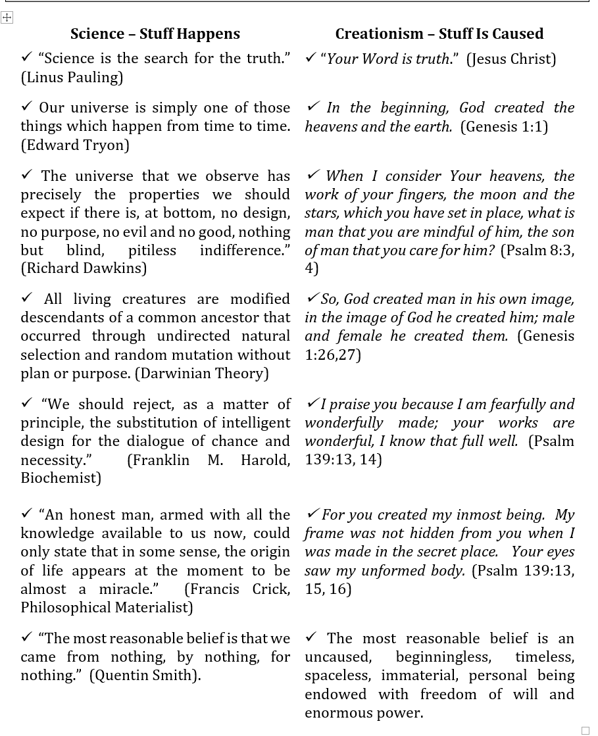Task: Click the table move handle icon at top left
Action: click(7, 18)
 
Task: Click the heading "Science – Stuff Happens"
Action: click(155, 34)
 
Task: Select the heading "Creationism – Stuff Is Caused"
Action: click(439, 34)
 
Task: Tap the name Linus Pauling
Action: click(72, 78)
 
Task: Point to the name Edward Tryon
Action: click(75, 145)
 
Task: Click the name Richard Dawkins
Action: click(84, 268)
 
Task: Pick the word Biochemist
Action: click(61, 478)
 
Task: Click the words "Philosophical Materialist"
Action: click(107, 608)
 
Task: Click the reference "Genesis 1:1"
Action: click(504, 127)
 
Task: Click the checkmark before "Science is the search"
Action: click(27, 57)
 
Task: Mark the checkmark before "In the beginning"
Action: click(313, 106)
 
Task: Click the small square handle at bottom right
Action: click(586, 730)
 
